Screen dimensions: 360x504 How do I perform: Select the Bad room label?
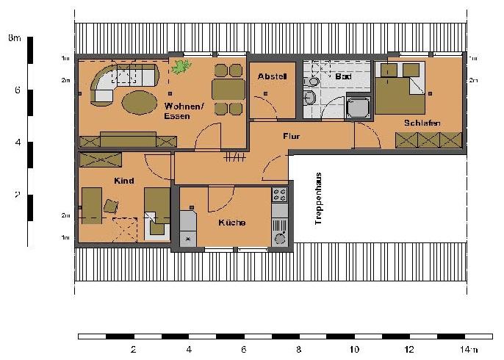pyautogui.click(x=343, y=76)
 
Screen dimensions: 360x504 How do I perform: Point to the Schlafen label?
pyautogui.click(x=421, y=123)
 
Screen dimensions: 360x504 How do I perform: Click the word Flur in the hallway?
pyautogui.click(x=292, y=136)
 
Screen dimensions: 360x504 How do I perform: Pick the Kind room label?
pyautogui.click(x=123, y=180)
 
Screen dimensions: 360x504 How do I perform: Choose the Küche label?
pyautogui.click(x=231, y=223)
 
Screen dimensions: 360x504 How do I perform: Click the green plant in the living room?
pyautogui.click(x=180, y=68)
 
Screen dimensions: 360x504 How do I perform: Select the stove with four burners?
pyautogui.click(x=280, y=195)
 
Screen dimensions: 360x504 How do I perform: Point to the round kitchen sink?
pyautogui.click(x=280, y=238)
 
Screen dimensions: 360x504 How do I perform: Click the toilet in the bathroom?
pyautogui.click(x=311, y=98)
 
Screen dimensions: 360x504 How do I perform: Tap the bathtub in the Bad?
pyautogui.click(x=359, y=107)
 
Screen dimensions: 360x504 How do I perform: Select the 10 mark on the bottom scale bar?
pyautogui.click(x=353, y=350)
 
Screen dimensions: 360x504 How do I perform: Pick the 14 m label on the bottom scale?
pyautogui.click(x=467, y=350)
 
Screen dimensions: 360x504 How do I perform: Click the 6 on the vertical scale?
pyautogui.click(x=15, y=91)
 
